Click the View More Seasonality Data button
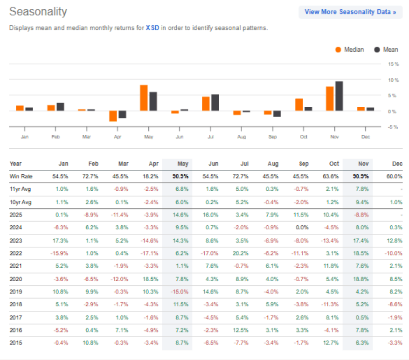point(350,12)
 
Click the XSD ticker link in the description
point(153,28)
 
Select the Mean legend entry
point(387,49)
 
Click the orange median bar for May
point(144,98)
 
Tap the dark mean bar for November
point(339,96)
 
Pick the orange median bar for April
point(113,116)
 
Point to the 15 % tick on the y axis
point(393,64)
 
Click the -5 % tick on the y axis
point(393,127)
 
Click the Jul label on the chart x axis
point(210,137)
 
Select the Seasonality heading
point(38,12)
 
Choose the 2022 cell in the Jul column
point(242,253)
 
